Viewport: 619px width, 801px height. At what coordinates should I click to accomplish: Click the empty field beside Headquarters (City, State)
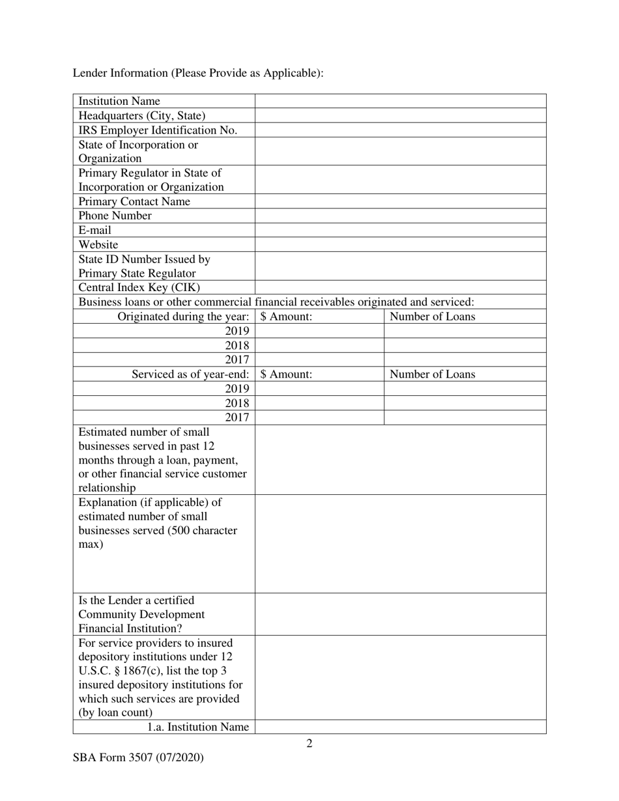tap(400, 116)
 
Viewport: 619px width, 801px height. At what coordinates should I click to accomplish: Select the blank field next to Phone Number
tap(400, 216)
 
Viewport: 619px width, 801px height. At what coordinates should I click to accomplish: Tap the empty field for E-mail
tap(400, 231)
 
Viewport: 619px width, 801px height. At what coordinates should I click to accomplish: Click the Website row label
tap(98, 245)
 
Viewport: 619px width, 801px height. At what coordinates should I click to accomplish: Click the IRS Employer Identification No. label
tap(158, 130)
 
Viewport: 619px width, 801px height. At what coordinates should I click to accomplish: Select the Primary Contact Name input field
tap(400, 202)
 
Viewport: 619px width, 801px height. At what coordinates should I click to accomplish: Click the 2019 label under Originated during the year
tap(237, 331)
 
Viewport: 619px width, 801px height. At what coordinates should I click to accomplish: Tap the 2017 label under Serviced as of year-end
tap(237, 417)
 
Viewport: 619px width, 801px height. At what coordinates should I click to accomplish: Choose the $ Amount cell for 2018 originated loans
tap(319, 345)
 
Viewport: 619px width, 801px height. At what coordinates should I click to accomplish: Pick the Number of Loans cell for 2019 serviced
tap(465, 389)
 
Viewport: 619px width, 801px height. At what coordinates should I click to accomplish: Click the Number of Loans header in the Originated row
tap(432, 317)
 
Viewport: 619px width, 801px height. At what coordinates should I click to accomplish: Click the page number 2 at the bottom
tap(309, 744)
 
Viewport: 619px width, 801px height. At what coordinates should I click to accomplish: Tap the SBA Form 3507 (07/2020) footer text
tap(138, 757)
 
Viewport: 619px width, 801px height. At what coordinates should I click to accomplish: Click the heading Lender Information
tap(197, 73)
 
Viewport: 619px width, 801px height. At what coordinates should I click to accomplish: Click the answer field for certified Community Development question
tap(400, 614)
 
